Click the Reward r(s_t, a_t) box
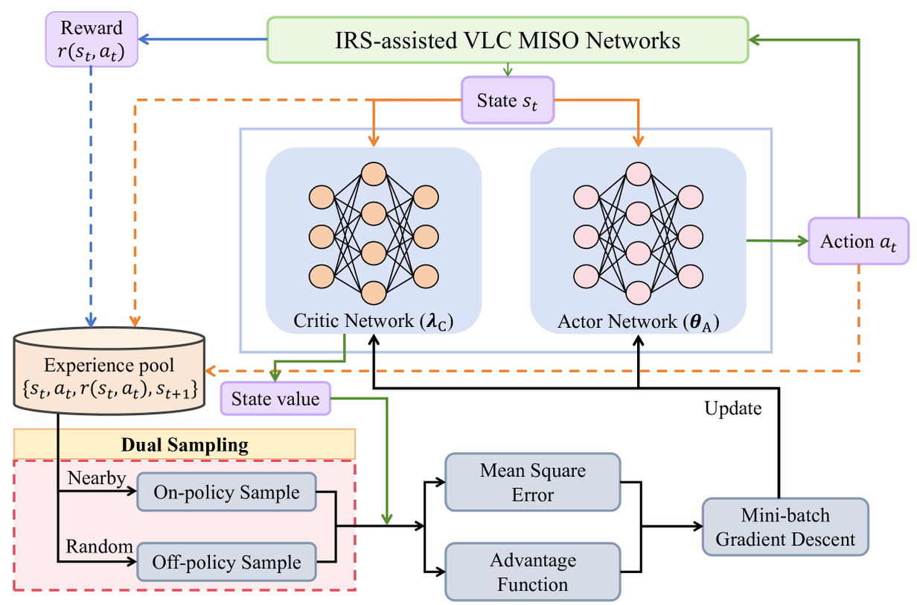click(92, 39)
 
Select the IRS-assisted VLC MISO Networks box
click(507, 39)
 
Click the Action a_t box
click(858, 241)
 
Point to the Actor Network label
click(638, 323)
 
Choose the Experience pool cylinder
click(109, 370)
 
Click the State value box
click(275, 399)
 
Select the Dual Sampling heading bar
click(184, 446)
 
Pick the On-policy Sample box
click(226, 493)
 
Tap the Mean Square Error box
click(532, 482)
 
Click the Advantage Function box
click(532, 571)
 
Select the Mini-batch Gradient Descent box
click(785, 527)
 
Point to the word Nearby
click(96, 478)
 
